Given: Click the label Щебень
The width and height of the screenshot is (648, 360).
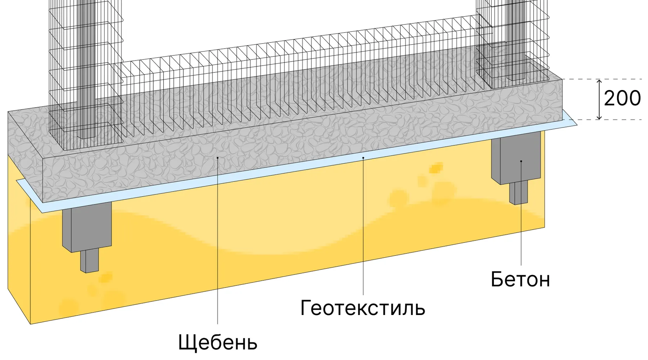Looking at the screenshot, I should [218, 343].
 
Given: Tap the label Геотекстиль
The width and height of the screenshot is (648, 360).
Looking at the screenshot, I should [363, 308].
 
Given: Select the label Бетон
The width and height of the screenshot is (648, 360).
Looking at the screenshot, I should [520, 279].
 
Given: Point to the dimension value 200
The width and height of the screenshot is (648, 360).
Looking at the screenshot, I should [622, 98].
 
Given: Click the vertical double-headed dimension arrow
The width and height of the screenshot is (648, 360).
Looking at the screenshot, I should [599, 99].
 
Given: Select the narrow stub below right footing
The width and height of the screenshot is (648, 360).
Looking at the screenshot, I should [518, 193].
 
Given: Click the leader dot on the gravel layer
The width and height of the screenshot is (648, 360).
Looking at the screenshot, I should [217, 158].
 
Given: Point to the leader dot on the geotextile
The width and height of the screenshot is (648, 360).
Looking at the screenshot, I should [363, 158].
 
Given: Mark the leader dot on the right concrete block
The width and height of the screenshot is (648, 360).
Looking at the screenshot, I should [521, 161].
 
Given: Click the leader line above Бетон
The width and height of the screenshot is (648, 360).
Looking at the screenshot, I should [521, 216].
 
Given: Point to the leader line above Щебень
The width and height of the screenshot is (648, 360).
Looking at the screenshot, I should [218, 252].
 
